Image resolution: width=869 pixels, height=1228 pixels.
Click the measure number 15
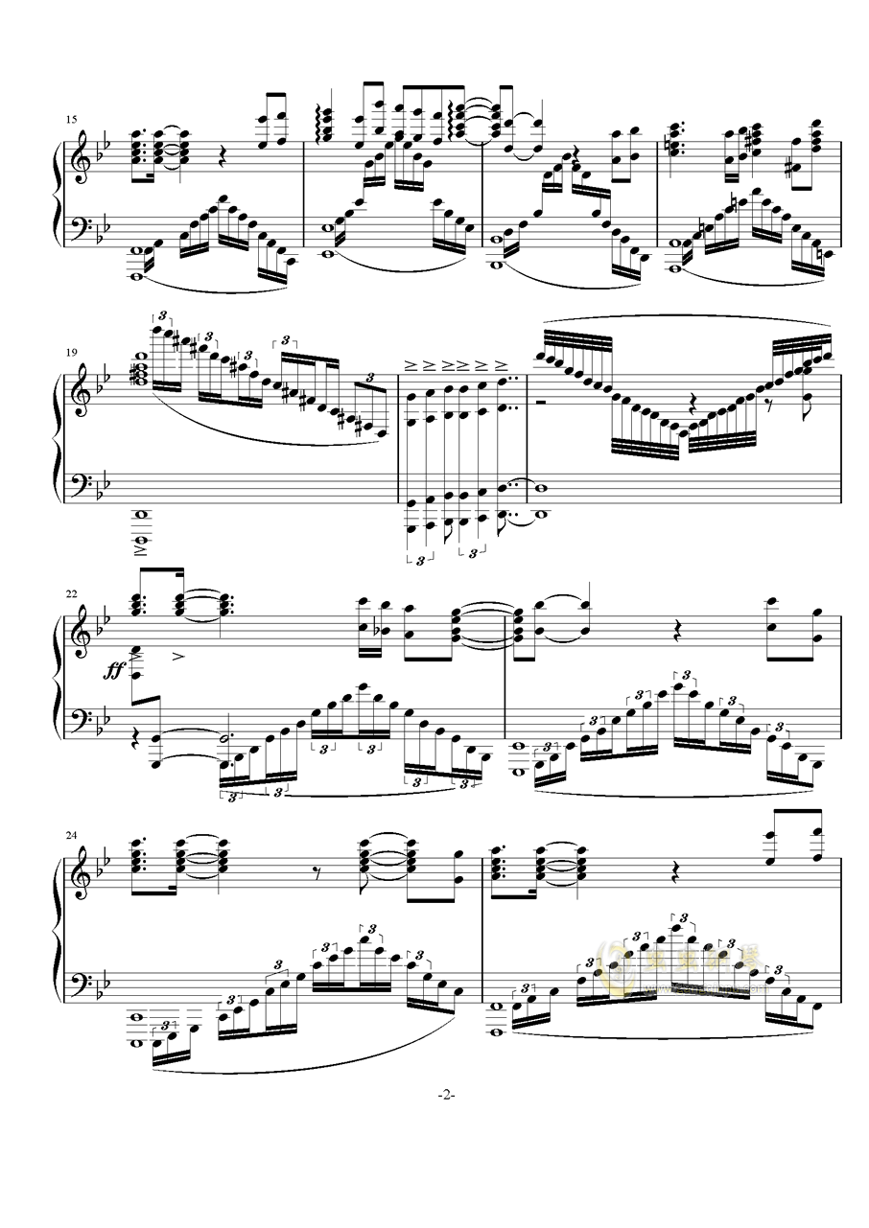click(x=70, y=120)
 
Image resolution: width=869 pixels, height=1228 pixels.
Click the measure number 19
click(x=70, y=352)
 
